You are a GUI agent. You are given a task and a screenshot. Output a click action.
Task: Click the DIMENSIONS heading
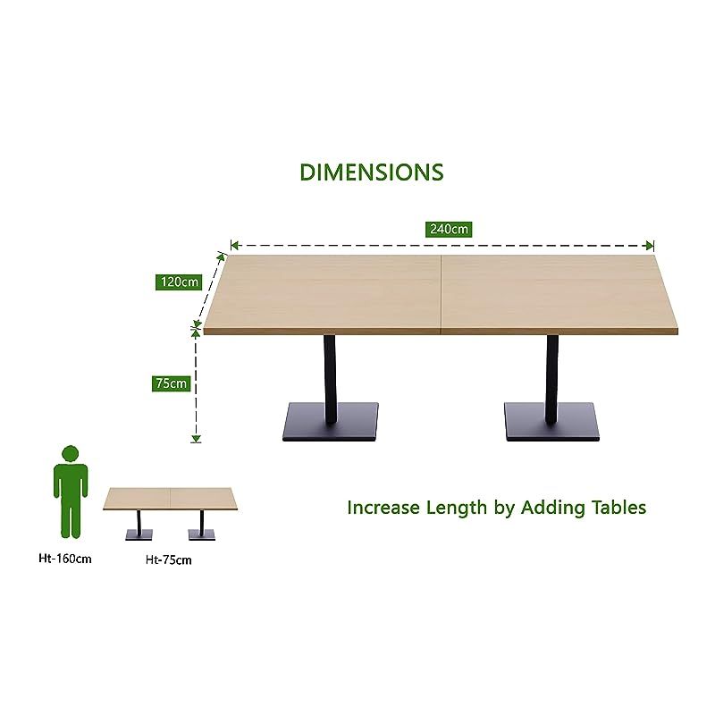[x=372, y=172]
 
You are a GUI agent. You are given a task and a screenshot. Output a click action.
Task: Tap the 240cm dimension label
[x=449, y=229]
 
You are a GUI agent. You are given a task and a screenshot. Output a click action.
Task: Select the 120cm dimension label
[x=180, y=282]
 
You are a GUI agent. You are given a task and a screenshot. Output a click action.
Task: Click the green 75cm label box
[x=171, y=383]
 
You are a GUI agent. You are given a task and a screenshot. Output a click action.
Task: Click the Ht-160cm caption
[x=65, y=559]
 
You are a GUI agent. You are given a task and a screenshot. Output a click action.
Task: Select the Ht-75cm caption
[x=169, y=559]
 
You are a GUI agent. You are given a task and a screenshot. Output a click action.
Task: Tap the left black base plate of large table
[x=331, y=422]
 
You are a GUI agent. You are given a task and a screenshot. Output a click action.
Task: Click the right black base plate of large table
[x=551, y=422]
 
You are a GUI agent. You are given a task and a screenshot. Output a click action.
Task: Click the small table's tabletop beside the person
[x=171, y=499]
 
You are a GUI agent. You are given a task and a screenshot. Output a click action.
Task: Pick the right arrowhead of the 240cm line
[x=651, y=246]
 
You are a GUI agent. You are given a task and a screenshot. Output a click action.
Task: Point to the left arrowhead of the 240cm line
[x=235, y=246]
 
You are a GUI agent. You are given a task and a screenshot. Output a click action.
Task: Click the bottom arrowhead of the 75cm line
[x=196, y=439]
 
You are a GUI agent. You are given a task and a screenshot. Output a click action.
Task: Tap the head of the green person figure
[x=71, y=454]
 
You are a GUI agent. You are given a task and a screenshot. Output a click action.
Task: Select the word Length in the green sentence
[x=457, y=508]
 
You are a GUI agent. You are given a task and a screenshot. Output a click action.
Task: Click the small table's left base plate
[x=139, y=534]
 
